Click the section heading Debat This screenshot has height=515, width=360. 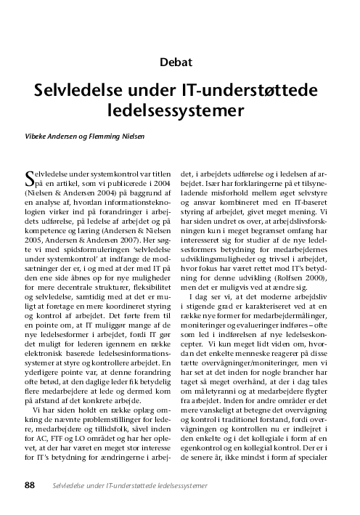point(179,63)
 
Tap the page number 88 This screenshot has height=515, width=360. point(30,484)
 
